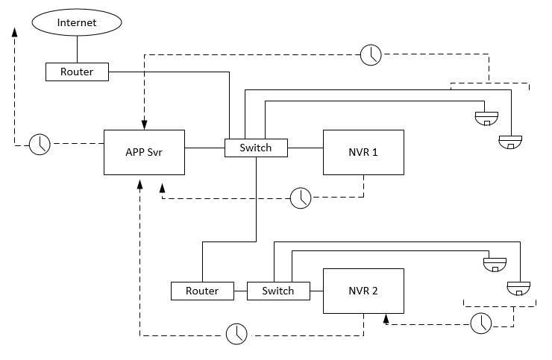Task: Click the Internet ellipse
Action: point(77,22)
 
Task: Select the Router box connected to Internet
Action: point(77,72)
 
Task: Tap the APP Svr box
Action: point(144,152)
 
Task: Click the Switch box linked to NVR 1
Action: point(256,148)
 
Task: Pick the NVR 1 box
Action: point(363,152)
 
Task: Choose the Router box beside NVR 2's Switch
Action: point(202,291)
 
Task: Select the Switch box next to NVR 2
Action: point(277,291)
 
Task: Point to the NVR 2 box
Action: point(363,291)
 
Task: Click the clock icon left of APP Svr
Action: point(40,145)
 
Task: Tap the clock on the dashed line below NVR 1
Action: point(301,198)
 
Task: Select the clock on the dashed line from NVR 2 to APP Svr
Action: point(236,334)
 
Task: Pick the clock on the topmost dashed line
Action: point(371,54)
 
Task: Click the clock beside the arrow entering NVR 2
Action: point(482,323)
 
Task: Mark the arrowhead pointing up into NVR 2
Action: point(386,319)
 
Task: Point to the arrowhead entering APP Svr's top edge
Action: point(144,124)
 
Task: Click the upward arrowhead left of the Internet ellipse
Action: point(13,32)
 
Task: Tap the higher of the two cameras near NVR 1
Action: point(486,117)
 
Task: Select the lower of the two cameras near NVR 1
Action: point(511,141)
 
